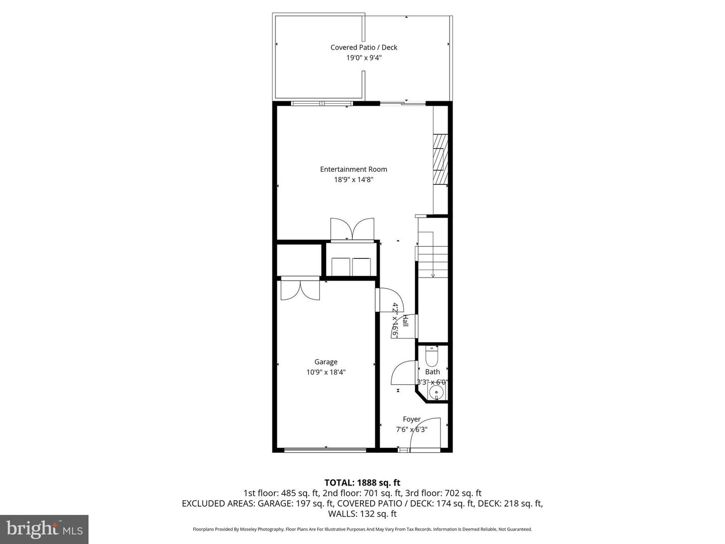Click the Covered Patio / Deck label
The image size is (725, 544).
[364, 47]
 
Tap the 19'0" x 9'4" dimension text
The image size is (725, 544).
[364, 58]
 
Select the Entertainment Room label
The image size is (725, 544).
[353, 169]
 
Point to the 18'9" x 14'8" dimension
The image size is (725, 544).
[353, 180]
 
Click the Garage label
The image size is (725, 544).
[326, 362]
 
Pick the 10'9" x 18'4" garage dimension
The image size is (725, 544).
[326, 372]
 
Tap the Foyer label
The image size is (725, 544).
[411, 419]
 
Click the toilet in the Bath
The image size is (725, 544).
[432, 356]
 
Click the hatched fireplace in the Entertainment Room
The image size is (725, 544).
[441, 159]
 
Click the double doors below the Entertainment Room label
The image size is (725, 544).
[352, 229]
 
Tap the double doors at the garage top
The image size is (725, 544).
[300, 290]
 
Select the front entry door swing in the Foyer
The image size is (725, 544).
[425, 433]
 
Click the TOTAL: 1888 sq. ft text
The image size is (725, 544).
[362, 483]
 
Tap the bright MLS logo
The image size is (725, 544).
[44, 529]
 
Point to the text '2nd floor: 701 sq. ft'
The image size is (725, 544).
[361, 493]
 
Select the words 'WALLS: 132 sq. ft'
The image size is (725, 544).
[362, 514]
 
